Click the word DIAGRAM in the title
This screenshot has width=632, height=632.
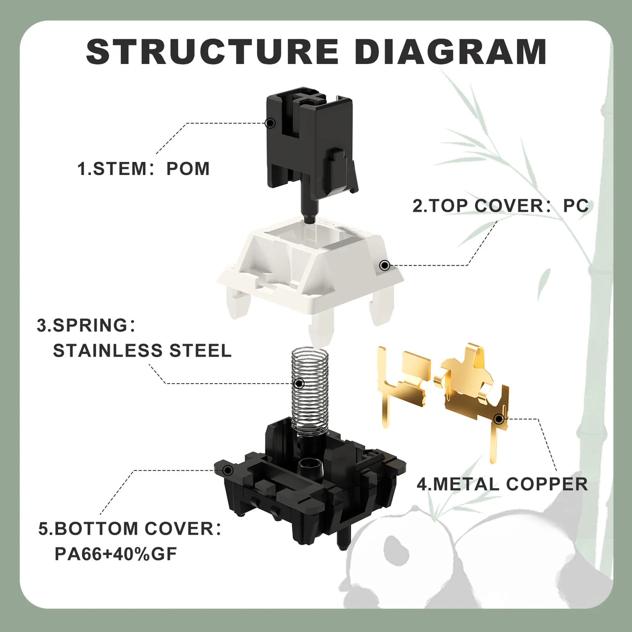tap(450, 52)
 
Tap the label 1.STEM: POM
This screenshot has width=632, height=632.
tap(144, 169)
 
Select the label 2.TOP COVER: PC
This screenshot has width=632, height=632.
tap(500, 206)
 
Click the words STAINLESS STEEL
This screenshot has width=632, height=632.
tap(142, 350)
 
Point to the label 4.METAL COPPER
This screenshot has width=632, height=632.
tap(502, 484)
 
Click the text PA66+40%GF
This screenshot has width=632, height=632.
tap(116, 553)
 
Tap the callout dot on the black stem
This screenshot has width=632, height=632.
tap(270, 123)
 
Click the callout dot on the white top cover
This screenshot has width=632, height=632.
tap(385, 266)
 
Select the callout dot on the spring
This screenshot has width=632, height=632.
tap(299, 384)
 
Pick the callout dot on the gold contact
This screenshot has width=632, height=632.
tap(499, 419)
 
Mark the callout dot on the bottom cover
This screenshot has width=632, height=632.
tap(227, 470)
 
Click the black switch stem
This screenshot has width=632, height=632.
tap(312, 146)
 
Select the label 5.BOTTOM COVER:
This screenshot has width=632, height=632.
tap(130, 528)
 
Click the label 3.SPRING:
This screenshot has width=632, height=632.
tap(86, 325)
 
